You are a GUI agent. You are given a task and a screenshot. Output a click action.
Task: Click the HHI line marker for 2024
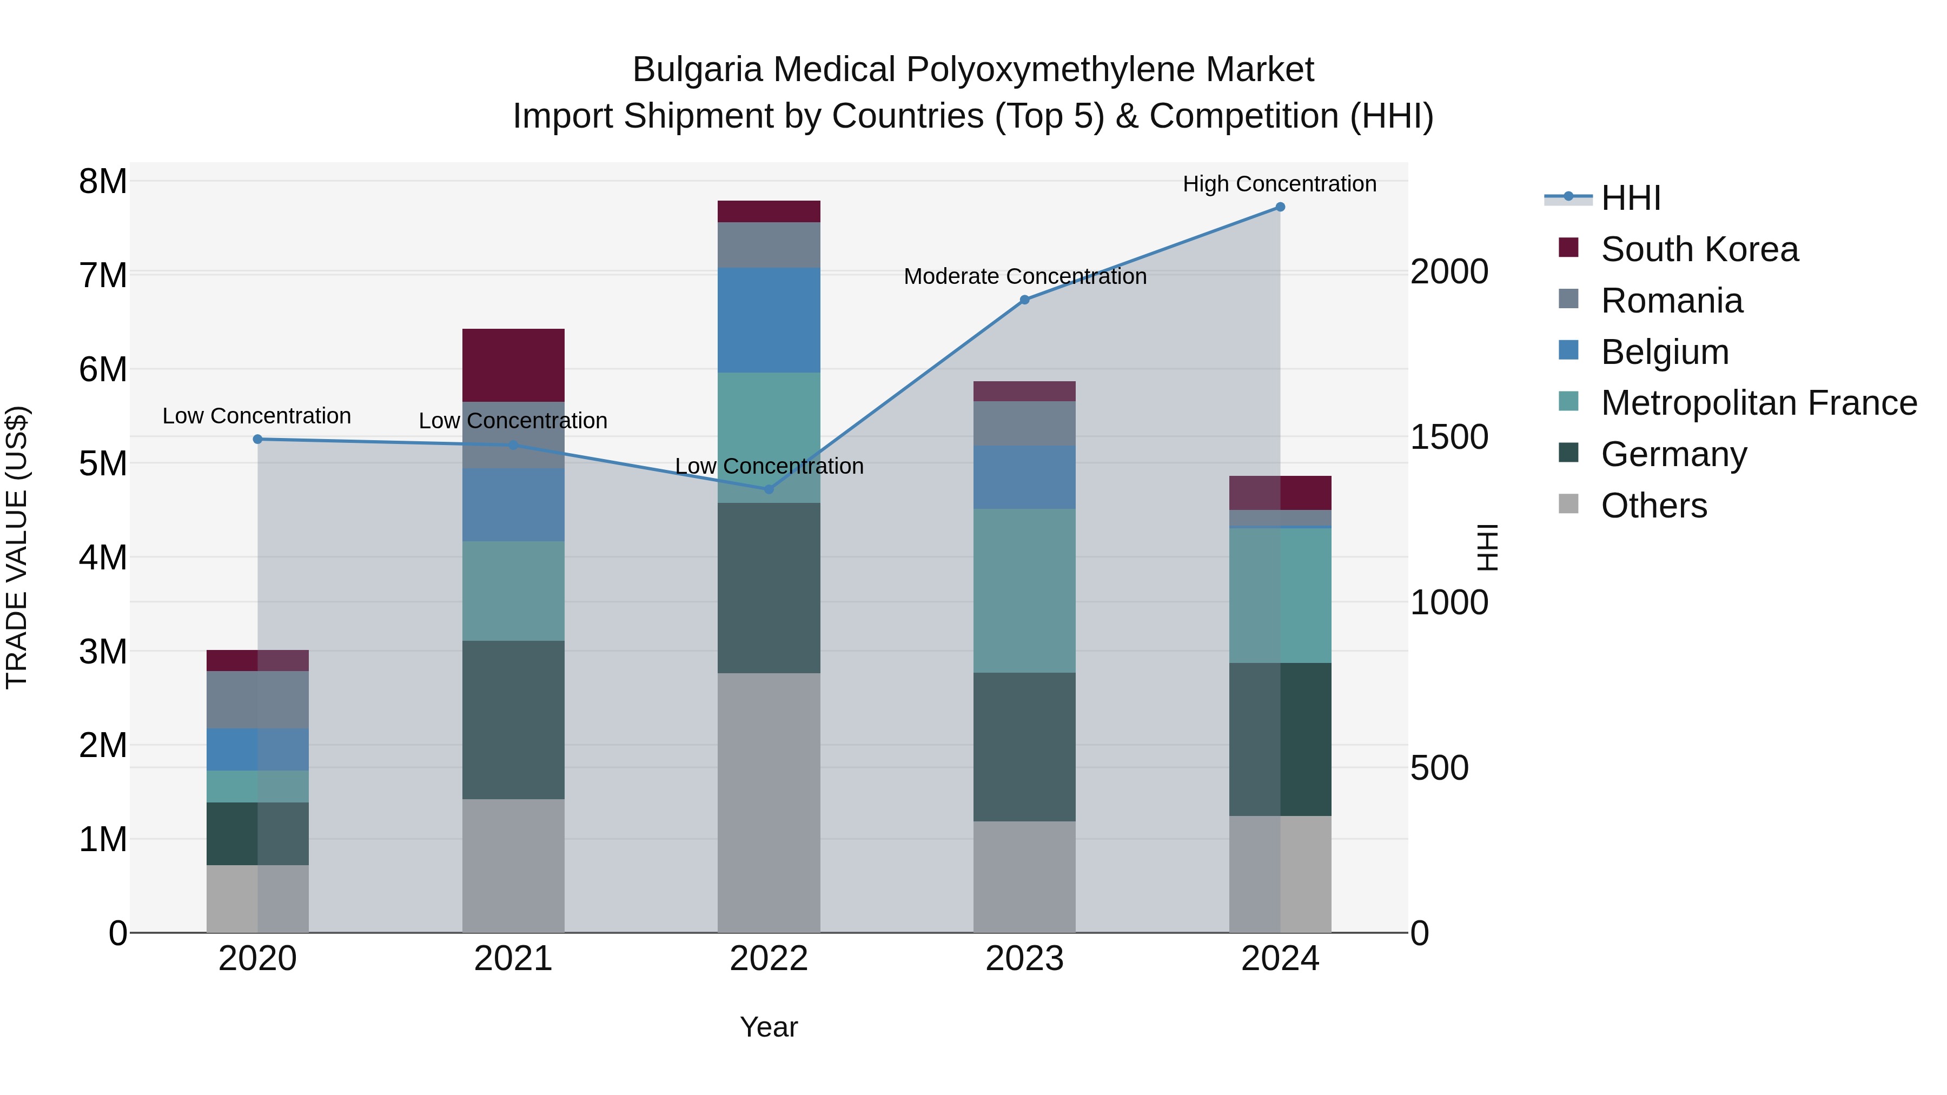[x=1280, y=207]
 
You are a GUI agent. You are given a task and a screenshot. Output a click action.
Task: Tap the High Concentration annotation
[x=1279, y=184]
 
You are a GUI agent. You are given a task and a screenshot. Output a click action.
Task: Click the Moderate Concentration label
[x=1025, y=276]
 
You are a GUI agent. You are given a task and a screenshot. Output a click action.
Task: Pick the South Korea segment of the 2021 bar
[x=513, y=365]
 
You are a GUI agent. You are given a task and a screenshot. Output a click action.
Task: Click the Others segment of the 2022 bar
[x=769, y=802]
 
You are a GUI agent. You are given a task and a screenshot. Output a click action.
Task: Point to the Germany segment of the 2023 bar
[x=1024, y=747]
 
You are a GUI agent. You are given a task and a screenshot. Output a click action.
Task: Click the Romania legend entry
[x=1671, y=301]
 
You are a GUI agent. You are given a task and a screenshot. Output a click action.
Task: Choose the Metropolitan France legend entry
[x=1758, y=403]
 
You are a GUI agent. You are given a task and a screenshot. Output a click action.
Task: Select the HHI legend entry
[x=1630, y=198]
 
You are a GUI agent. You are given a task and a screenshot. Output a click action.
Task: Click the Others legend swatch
[x=1568, y=504]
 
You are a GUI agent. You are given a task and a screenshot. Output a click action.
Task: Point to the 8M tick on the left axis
[x=103, y=181]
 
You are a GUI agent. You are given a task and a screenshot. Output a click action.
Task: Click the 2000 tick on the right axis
[x=1449, y=272]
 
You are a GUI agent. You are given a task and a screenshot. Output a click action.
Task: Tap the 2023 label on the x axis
[x=1024, y=959]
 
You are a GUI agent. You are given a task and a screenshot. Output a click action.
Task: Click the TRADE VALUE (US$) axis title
[x=17, y=547]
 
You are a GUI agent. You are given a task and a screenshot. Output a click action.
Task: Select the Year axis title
[x=769, y=1027]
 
